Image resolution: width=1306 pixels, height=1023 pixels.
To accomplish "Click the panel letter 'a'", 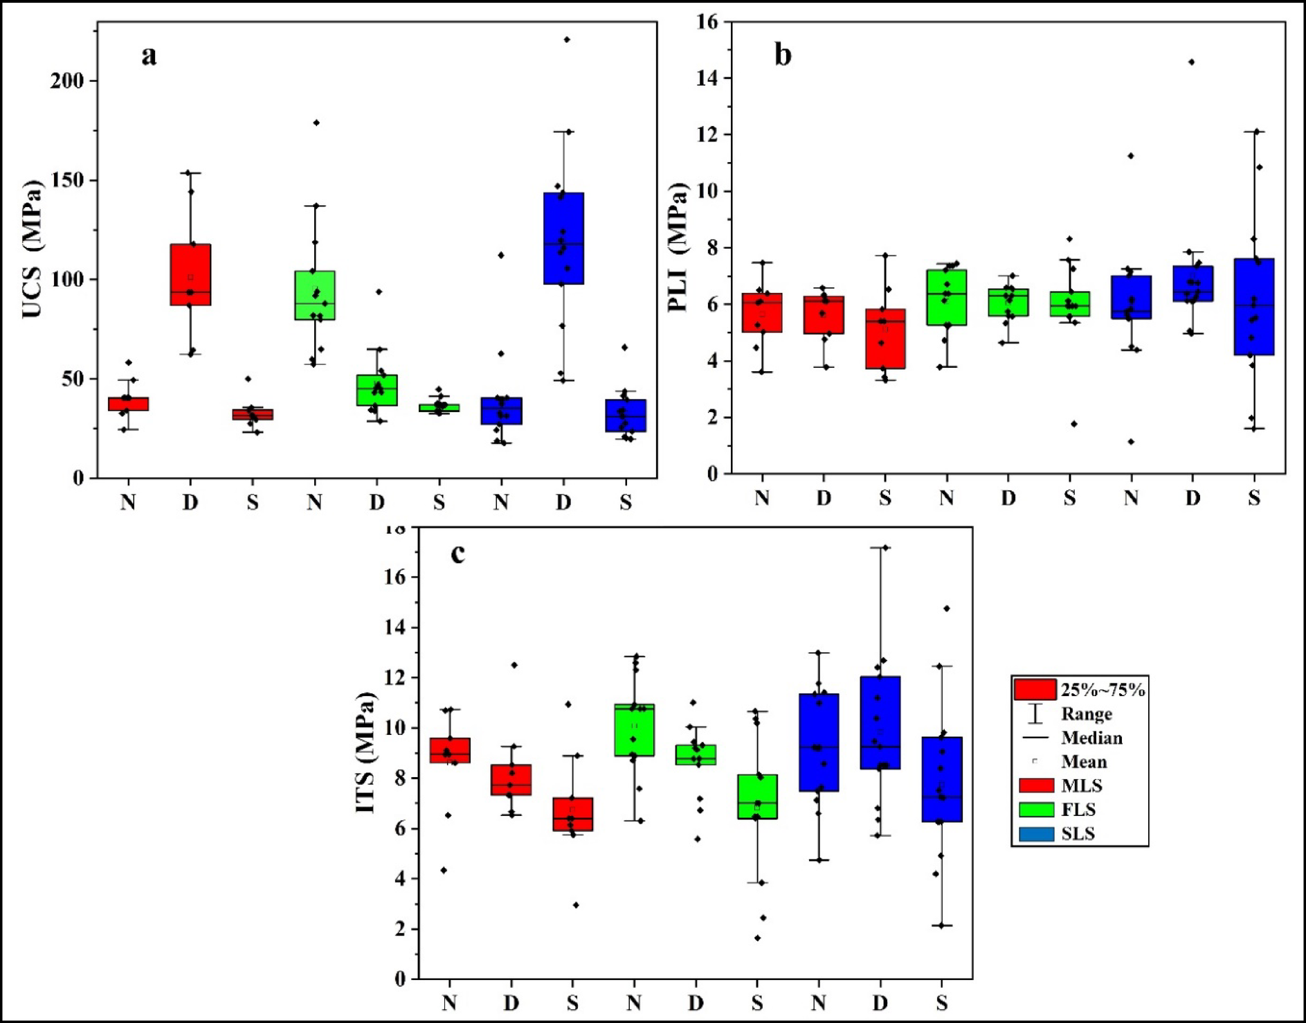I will pyautogui.click(x=148, y=55).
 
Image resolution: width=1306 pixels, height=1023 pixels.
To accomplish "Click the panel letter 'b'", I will pyautogui.click(x=782, y=55).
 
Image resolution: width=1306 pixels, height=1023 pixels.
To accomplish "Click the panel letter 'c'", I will pyautogui.click(x=457, y=553).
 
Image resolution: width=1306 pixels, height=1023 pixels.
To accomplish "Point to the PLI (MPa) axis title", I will pyautogui.click(x=678, y=247).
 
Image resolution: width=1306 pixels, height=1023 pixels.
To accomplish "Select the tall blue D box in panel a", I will pyautogui.click(x=563, y=238).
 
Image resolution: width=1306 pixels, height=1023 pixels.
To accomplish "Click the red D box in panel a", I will pyautogui.click(x=190, y=274).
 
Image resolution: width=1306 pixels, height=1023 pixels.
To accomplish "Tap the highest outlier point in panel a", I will pyautogui.click(x=567, y=39).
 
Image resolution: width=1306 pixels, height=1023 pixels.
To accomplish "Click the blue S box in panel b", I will pyautogui.click(x=1254, y=306).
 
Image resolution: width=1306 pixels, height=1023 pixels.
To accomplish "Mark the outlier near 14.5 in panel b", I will pyautogui.click(x=1191, y=62).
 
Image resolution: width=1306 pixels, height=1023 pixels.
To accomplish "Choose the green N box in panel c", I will pyautogui.click(x=634, y=730).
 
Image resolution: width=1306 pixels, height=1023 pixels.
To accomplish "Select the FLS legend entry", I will pyautogui.click(x=1078, y=810).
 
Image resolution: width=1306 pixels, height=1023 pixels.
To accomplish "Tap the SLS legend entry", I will pyautogui.click(x=1078, y=833).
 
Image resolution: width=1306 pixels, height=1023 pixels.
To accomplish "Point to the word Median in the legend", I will pyautogui.click(x=1091, y=738).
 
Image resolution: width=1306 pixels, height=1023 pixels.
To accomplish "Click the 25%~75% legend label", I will pyautogui.click(x=1103, y=690).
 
